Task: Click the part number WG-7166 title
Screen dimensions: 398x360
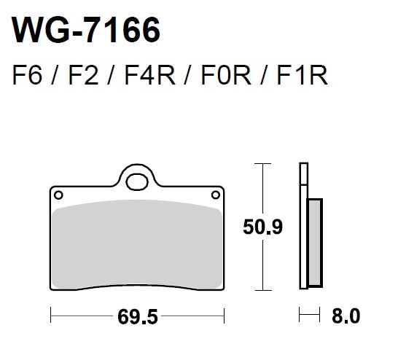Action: (x=86, y=30)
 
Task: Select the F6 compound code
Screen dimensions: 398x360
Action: (x=27, y=75)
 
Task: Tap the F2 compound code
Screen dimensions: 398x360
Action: (x=83, y=75)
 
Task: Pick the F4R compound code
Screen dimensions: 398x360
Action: (x=149, y=75)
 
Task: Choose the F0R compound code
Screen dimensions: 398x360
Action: (x=226, y=75)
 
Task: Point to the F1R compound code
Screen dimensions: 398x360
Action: (x=303, y=75)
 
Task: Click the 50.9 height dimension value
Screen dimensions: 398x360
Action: (x=262, y=227)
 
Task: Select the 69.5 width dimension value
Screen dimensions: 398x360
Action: (x=138, y=317)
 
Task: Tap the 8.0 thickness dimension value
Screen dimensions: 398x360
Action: (x=346, y=316)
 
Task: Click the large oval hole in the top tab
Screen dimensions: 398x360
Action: (x=137, y=182)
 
